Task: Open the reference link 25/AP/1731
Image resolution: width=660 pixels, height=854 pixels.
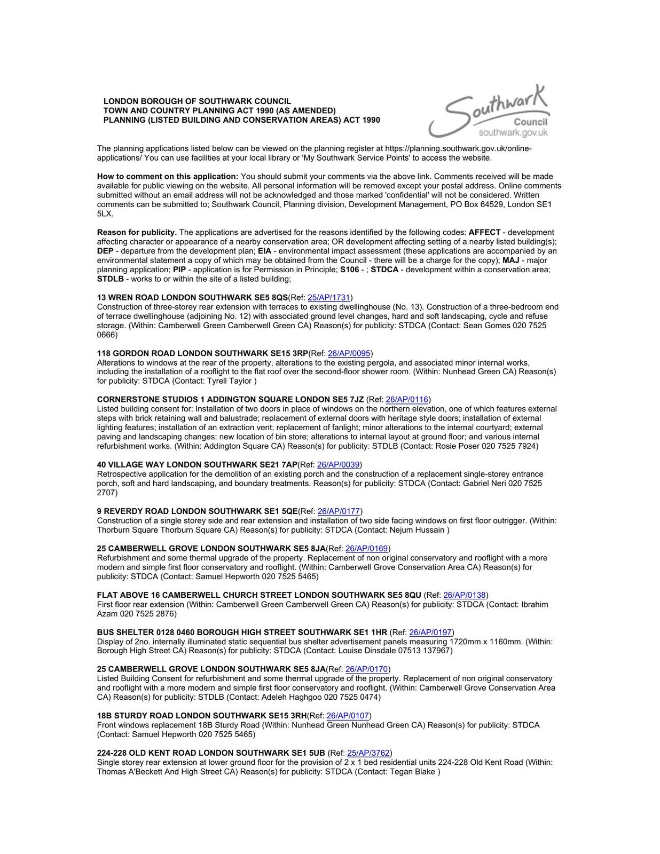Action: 329,297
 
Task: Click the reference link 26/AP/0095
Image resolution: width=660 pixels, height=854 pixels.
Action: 349,353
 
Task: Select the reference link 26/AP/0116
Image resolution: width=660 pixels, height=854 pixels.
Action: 407,399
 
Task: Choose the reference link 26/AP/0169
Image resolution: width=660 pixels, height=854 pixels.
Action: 367,548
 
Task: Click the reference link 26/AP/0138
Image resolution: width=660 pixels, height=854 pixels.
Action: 465,595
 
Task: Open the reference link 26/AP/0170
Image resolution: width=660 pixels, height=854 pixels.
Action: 367,669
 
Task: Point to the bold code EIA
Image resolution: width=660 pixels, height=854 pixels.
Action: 264,251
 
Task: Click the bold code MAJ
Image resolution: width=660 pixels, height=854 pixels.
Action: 511,260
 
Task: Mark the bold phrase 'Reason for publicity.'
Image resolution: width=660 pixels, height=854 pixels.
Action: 137,232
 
